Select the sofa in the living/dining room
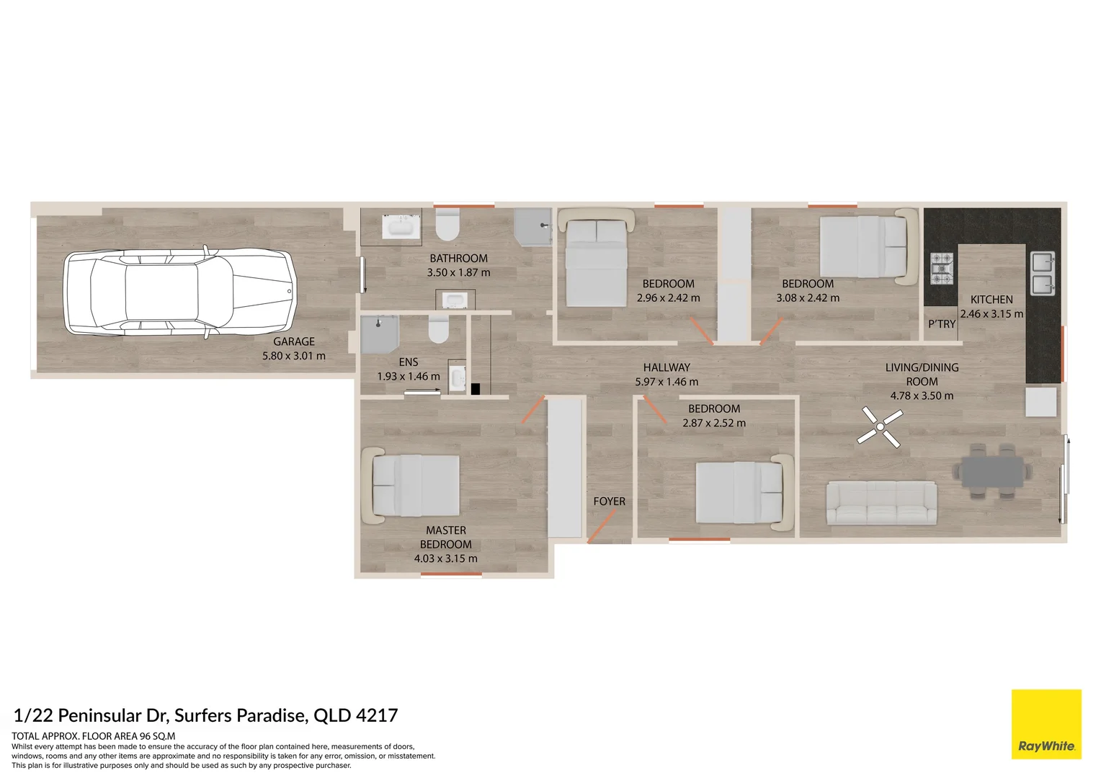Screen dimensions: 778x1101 (881, 504)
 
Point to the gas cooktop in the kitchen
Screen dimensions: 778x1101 (941, 269)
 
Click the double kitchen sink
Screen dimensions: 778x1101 (1043, 274)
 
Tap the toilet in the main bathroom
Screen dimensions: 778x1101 (447, 225)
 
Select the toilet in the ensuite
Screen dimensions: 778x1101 (438, 329)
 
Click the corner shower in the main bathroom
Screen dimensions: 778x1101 (533, 227)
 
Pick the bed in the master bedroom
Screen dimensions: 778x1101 (416, 486)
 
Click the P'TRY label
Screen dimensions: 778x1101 (941, 324)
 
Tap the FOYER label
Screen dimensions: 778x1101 (609, 501)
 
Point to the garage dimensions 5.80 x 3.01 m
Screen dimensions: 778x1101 (294, 356)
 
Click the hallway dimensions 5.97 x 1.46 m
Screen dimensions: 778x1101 (667, 382)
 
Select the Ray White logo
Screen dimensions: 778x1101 (1046, 724)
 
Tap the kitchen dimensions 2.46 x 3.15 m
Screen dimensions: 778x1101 (991, 314)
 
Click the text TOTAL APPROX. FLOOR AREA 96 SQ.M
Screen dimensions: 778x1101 (94, 736)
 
